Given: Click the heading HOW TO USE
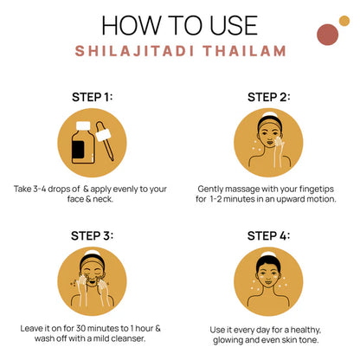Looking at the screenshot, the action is (x=179, y=25).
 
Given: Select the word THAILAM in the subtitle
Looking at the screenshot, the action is (x=245, y=51).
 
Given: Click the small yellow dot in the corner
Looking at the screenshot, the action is (x=344, y=21).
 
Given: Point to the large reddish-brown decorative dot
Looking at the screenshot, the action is (x=327, y=35).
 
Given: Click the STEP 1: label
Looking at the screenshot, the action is (x=92, y=97).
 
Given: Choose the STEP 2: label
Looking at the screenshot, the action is (x=268, y=97).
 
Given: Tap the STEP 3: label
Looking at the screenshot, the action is (x=92, y=236).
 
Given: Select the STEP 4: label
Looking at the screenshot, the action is (x=268, y=236).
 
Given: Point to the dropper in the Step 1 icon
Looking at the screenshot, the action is (x=105, y=140).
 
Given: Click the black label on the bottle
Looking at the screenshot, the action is (x=78, y=150).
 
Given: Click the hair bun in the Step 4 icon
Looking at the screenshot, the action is (x=268, y=254).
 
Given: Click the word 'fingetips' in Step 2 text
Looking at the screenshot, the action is (x=316, y=190).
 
